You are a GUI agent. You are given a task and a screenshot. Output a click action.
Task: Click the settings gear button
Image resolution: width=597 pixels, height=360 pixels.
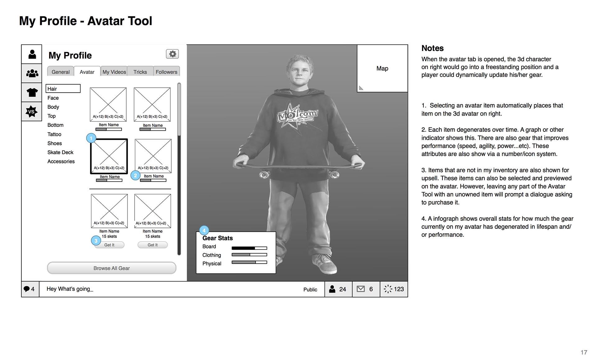173,54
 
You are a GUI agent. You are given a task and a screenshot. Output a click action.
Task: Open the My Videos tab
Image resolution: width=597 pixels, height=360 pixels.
114,72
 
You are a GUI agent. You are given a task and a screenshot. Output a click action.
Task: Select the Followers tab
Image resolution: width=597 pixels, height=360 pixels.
166,72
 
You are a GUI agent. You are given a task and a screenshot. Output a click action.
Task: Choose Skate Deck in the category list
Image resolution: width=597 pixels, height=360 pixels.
60,152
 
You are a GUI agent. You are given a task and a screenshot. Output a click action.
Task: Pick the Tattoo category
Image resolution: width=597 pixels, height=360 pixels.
54,134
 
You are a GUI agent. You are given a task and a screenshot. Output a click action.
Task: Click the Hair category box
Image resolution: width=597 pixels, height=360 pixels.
63,89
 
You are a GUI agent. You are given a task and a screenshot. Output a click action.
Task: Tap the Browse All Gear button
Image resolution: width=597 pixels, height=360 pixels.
112,268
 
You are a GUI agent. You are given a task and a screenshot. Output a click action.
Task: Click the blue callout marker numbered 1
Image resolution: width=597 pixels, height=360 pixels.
91,138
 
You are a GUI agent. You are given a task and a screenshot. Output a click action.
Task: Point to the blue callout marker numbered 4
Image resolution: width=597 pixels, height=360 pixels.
204,230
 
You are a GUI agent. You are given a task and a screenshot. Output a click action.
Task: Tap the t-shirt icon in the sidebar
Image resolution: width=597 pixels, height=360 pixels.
32,92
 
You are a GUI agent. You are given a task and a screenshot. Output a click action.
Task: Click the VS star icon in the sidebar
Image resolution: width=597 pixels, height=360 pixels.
31,111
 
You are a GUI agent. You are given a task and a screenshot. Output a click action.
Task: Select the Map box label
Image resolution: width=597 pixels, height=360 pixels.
382,68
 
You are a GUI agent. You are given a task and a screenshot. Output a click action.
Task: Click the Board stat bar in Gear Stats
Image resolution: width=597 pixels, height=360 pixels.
249,248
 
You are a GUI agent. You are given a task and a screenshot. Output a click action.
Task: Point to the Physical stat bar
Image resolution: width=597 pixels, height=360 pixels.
249,262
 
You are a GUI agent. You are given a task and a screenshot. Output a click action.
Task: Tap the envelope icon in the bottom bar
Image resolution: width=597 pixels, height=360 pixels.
361,289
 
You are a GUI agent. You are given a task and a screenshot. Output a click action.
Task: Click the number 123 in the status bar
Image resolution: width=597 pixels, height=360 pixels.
399,289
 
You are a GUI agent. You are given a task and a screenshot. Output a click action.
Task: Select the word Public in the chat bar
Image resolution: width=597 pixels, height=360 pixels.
310,289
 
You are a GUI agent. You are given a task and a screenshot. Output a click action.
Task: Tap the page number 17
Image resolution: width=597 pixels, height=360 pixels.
584,352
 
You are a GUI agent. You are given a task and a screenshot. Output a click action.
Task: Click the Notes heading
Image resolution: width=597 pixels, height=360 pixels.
433,48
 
